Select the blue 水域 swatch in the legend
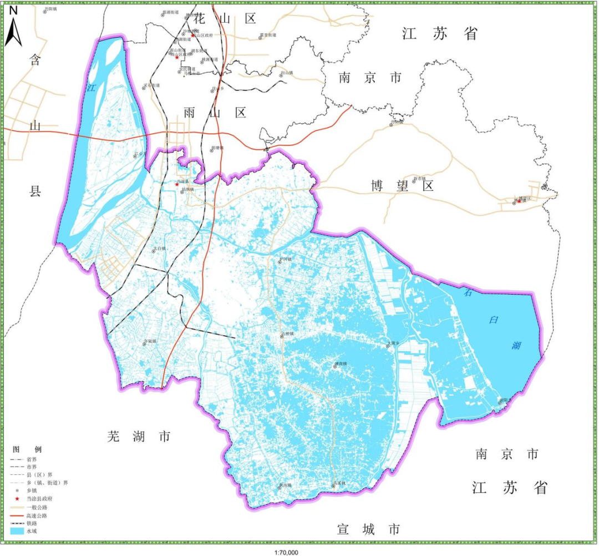(x=17, y=531)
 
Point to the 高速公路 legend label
(x=37, y=515)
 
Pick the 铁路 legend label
(x=33, y=523)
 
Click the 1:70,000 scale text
(x=286, y=553)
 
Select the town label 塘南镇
(x=340, y=364)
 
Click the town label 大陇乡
(x=394, y=344)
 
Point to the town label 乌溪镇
(x=339, y=483)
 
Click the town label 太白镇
(x=160, y=249)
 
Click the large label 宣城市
(x=368, y=529)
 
